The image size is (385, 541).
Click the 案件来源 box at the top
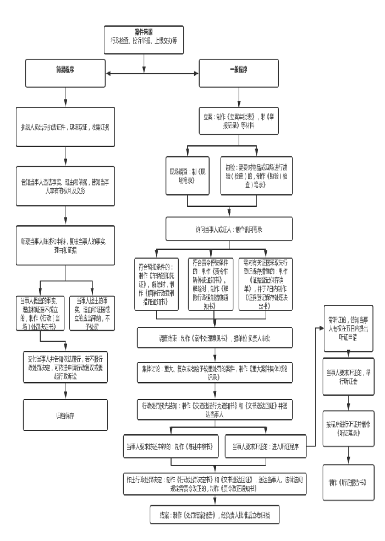[144, 36]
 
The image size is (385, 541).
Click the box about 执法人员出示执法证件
[65, 127]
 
